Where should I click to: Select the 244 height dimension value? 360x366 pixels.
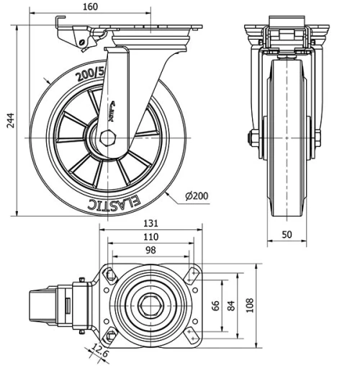pyautogui.click(x=10, y=121)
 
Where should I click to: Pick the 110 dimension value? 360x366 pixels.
pyautogui.click(x=150, y=237)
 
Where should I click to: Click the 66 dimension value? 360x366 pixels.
pyautogui.click(x=215, y=305)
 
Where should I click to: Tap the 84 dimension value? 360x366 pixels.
pyautogui.click(x=230, y=305)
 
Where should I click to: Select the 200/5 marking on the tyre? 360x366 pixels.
pyautogui.click(x=92, y=73)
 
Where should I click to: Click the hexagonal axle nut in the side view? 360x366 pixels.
pyautogui.click(x=109, y=137)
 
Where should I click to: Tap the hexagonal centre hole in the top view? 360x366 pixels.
pyautogui.click(x=150, y=305)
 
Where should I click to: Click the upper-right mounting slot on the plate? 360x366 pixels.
pyautogui.click(x=192, y=274)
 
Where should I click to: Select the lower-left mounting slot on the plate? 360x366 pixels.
pyautogui.click(x=110, y=336)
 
